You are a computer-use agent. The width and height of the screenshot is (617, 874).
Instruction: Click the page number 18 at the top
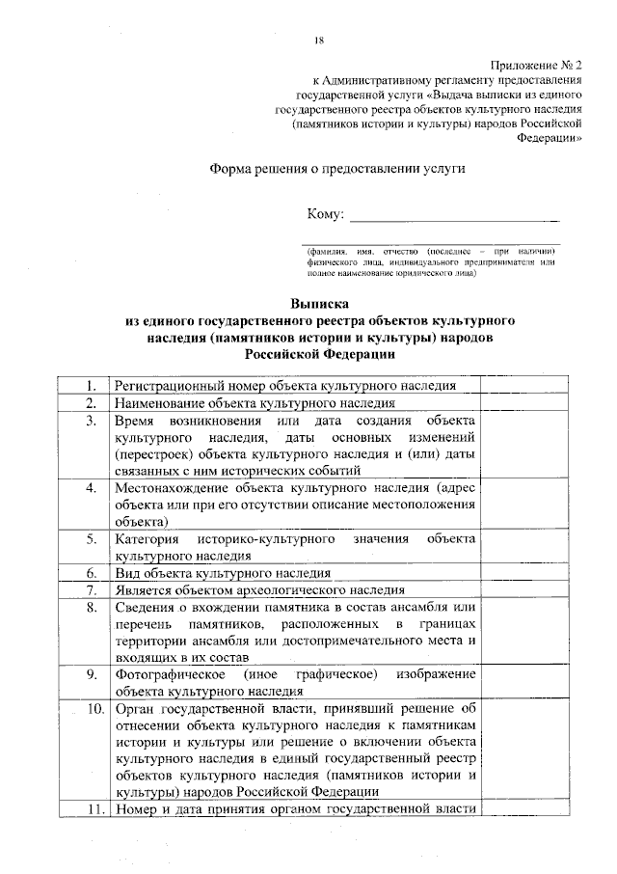319,40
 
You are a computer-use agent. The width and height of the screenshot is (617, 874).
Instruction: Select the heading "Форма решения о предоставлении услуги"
337,168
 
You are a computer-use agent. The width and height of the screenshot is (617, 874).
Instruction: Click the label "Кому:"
324,213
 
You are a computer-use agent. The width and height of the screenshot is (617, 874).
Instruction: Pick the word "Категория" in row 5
146,538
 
